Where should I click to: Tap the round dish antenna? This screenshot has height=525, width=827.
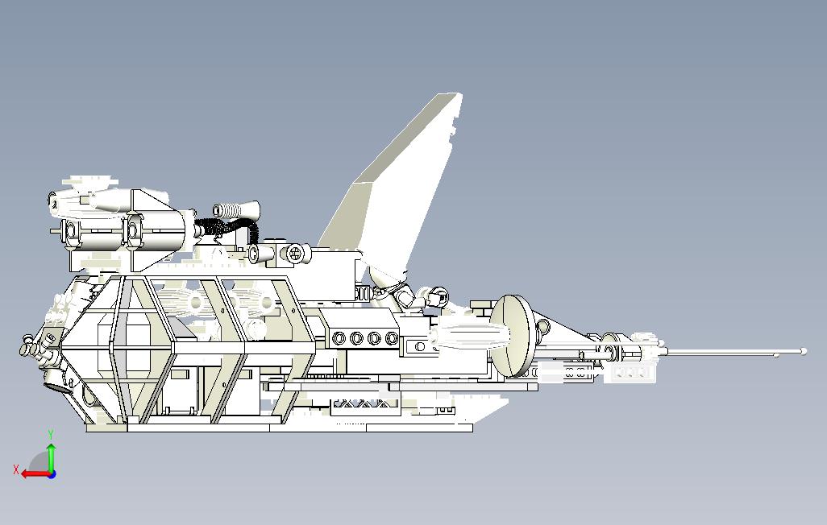click(510, 335)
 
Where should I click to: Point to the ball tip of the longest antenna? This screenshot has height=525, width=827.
click(804, 351)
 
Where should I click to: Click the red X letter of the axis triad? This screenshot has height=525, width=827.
click(16, 469)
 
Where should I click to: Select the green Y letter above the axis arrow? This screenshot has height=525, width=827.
click(51, 435)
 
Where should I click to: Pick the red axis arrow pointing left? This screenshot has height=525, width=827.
click(35, 474)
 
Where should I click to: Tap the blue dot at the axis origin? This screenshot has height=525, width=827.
click(52, 474)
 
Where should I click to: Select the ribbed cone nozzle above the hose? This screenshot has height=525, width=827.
click(235, 209)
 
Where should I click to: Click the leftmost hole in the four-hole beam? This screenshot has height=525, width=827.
click(339, 338)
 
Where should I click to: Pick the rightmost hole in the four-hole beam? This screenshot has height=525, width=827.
click(392, 338)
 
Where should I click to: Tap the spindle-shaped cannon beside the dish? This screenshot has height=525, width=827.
click(468, 334)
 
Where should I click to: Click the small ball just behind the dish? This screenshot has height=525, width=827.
click(543, 328)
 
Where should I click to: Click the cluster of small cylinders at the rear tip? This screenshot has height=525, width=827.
click(35, 348)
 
